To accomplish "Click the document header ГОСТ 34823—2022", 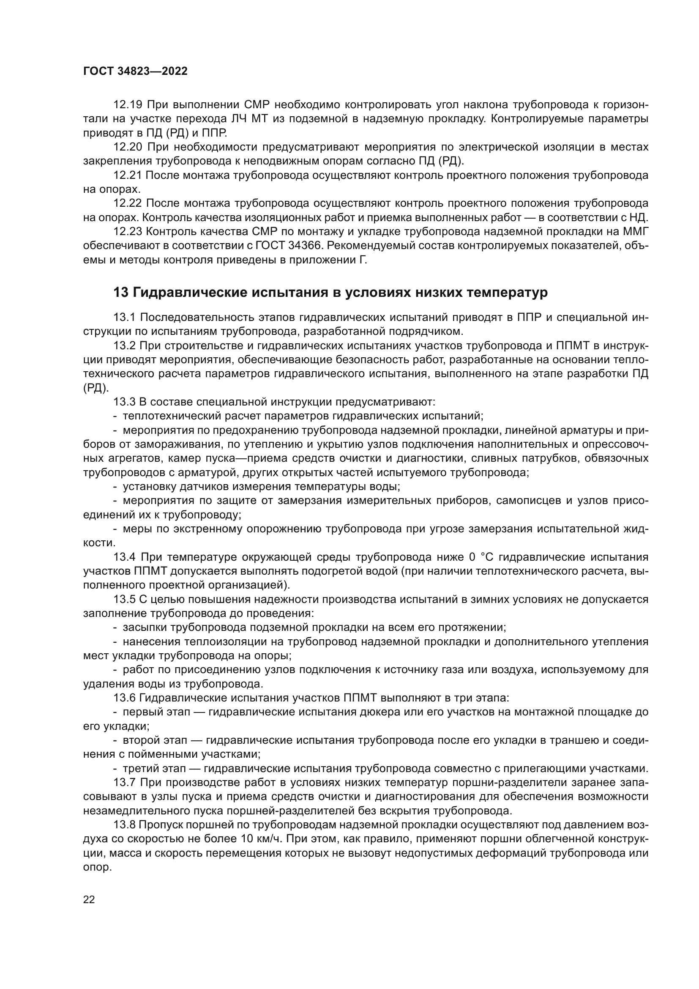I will [x=135, y=71].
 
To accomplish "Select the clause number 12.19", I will [x=127, y=105].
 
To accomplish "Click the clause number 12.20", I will [x=127, y=147].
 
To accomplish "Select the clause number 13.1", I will [x=124, y=318].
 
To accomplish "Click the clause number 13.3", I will [x=124, y=402].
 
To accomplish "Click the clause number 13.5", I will [x=124, y=599].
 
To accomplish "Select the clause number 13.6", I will [x=124, y=698].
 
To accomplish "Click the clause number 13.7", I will [x=124, y=782].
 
